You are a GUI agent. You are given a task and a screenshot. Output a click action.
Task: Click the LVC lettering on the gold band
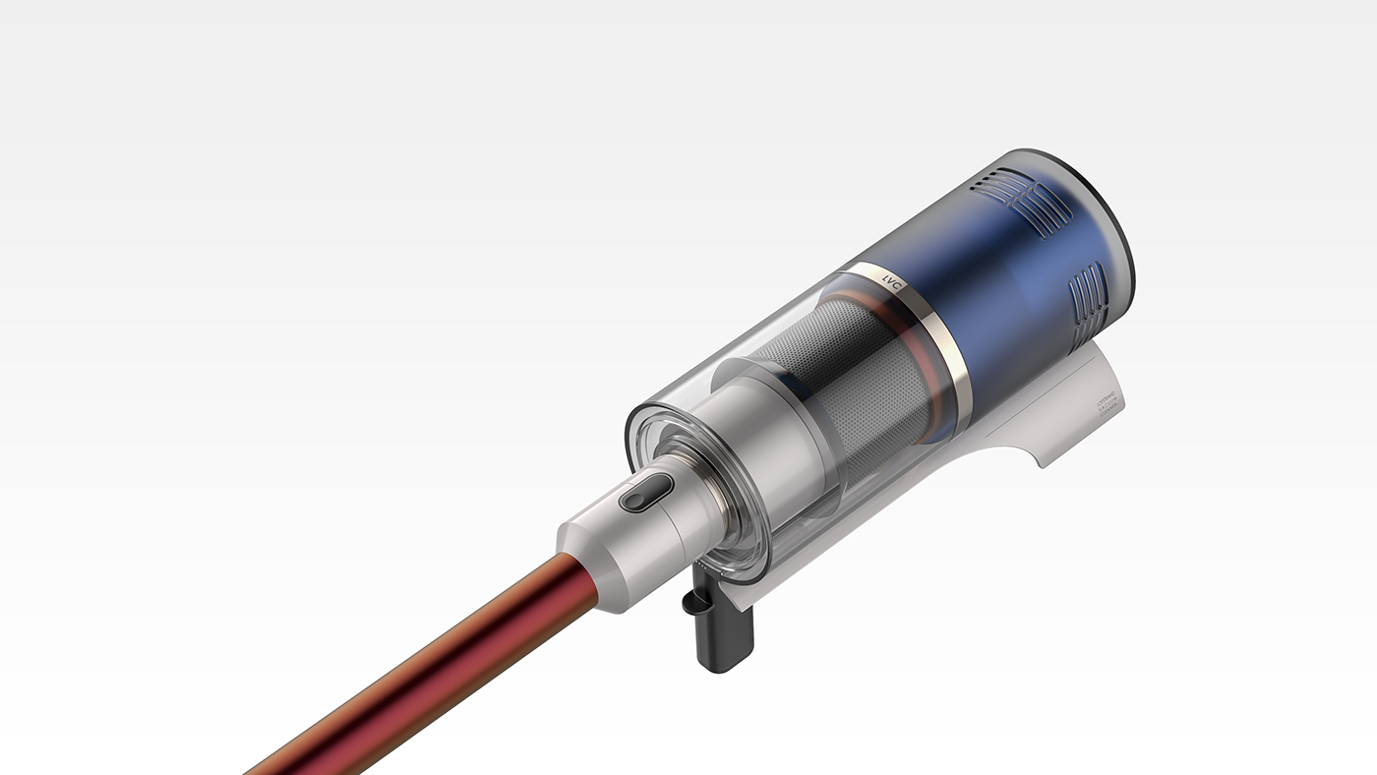pos(893,288)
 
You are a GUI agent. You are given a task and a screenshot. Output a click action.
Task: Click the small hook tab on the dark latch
pos(690,600)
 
